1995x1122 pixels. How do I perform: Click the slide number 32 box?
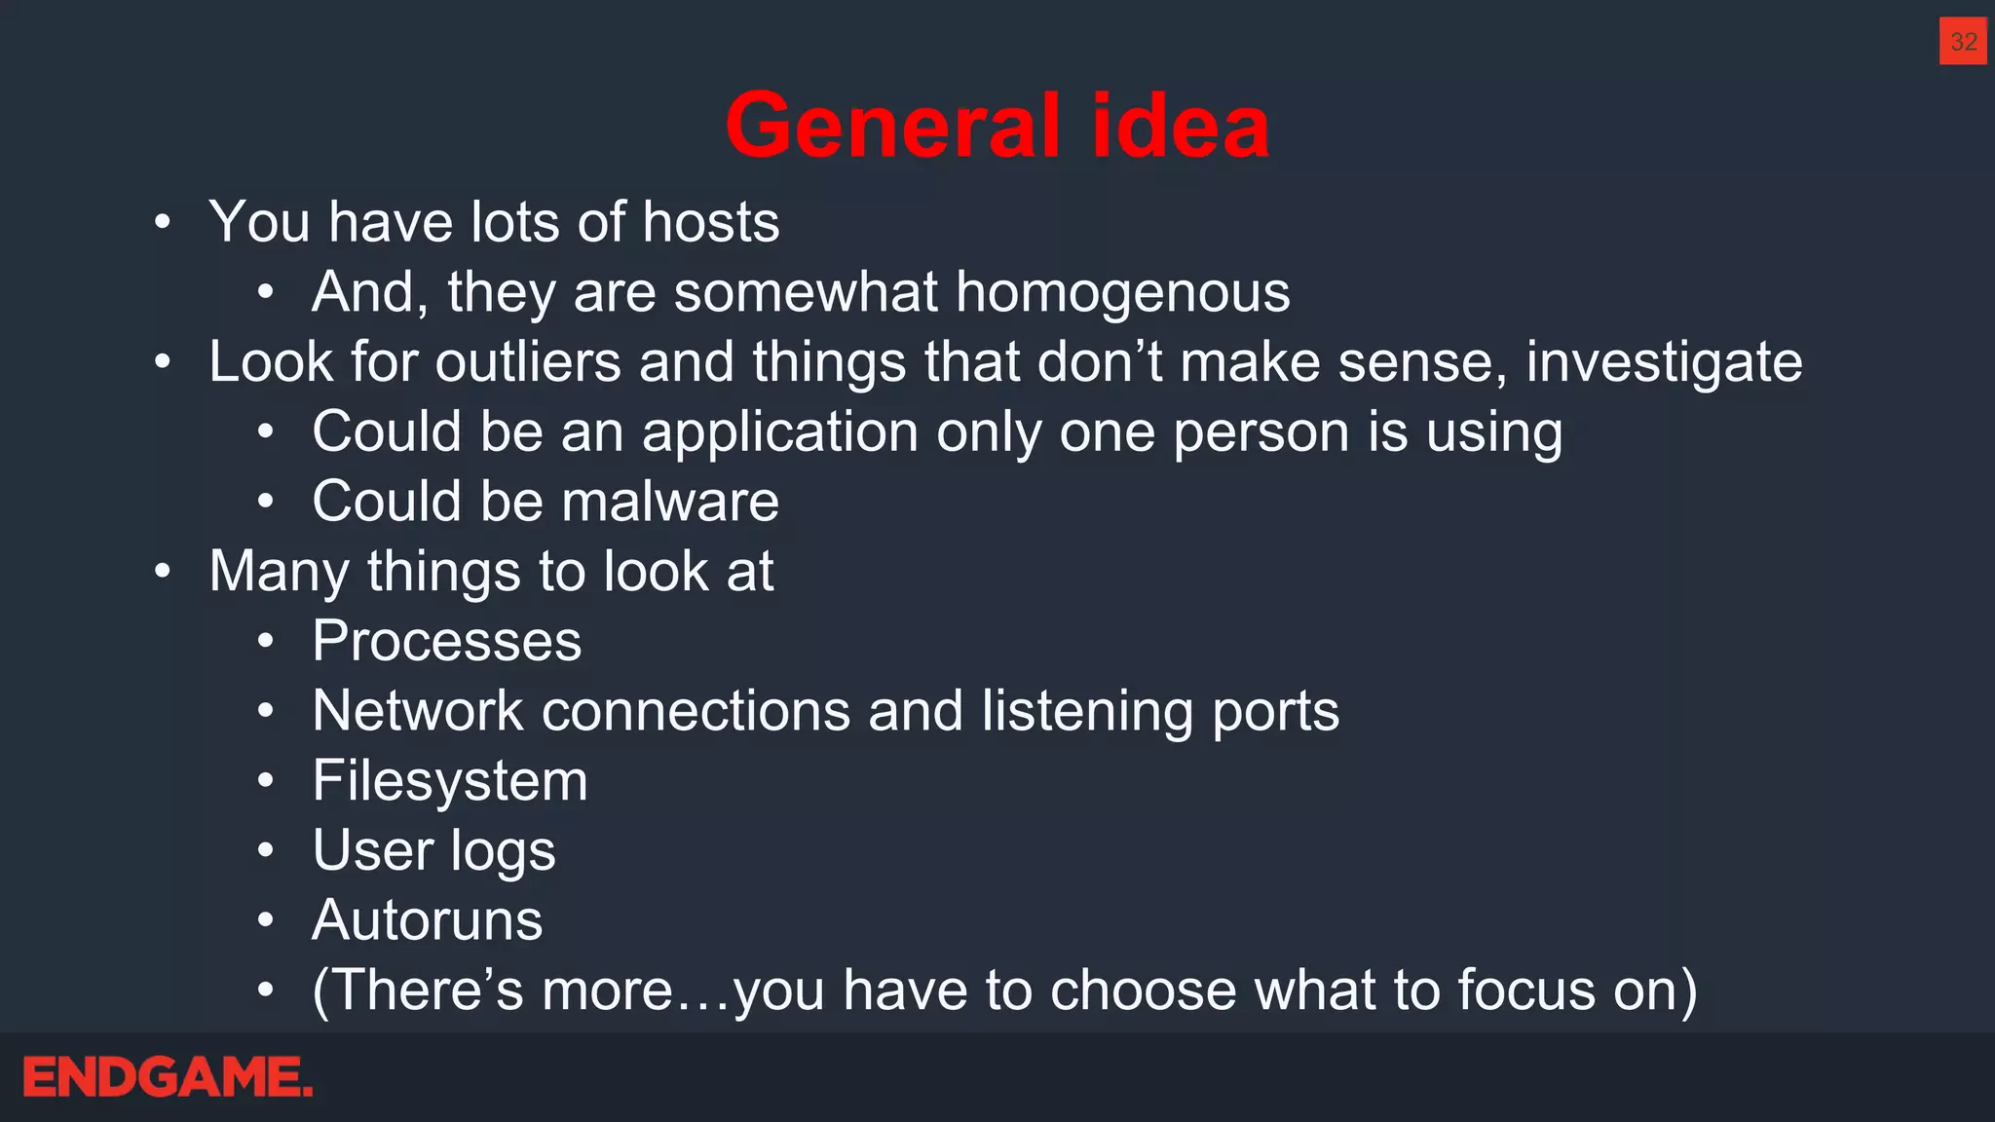1962,41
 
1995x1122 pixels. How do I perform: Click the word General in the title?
892,126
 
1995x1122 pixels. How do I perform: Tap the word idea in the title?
1181,126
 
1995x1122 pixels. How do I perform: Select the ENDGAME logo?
168,1077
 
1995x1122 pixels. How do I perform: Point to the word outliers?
527,362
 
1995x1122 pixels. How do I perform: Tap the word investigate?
1664,362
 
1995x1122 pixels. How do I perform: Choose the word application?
780,432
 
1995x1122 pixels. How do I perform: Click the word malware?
670,502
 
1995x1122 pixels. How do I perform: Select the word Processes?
447,641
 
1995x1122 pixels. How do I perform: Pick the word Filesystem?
450,781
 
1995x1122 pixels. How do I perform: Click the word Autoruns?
428,920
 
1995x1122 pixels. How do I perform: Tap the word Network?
418,711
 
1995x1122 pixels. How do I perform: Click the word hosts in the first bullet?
711,222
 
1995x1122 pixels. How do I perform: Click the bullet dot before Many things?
163,572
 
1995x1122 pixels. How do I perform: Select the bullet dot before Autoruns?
266,920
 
